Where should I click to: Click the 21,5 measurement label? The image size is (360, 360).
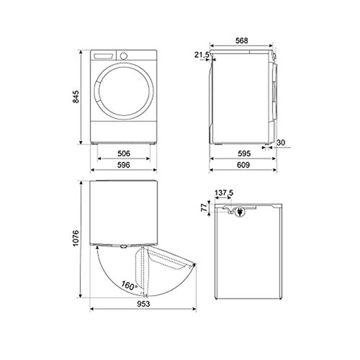click(x=201, y=55)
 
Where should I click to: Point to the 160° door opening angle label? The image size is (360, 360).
click(x=129, y=284)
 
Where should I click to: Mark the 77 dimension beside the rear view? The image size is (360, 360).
click(x=204, y=207)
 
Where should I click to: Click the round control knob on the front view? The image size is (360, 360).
click(x=123, y=55)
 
